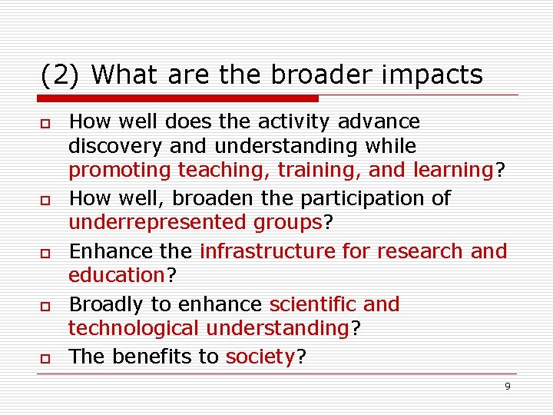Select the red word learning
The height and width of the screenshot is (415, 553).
(x=452, y=170)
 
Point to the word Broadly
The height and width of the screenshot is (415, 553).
(x=108, y=304)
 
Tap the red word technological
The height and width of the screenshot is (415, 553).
(x=134, y=328)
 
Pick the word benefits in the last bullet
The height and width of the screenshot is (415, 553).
(x=153, y=357)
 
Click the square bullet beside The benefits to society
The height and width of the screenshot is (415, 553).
(x=46, y=358)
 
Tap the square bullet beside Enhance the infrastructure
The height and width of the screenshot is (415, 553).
(x=46, y=253)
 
